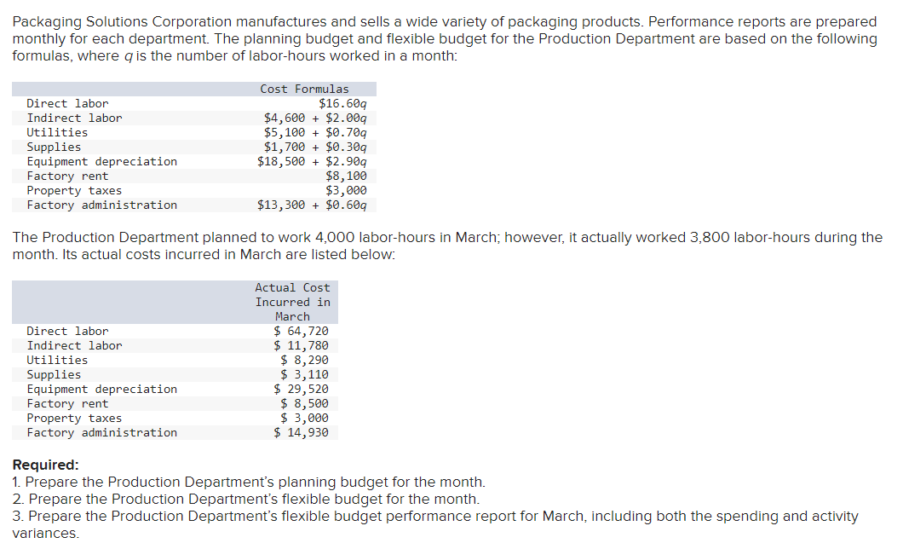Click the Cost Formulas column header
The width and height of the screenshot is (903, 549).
304,89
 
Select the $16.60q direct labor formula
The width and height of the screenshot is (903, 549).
342,103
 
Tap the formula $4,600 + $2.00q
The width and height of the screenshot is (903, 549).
315,118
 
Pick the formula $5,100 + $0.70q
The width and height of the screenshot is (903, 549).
315,132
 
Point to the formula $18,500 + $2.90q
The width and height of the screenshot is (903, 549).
312,161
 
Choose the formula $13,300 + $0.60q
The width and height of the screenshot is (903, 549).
312,205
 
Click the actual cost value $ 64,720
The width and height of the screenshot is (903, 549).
301,331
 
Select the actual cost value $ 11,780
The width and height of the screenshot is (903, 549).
301,345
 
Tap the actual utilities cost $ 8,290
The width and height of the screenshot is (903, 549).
304,360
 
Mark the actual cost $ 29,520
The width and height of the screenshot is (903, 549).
301,389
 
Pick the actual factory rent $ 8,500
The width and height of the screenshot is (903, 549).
304,403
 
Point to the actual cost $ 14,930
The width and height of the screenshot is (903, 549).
301,432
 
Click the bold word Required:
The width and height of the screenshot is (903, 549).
45,465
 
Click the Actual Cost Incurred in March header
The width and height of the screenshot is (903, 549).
292,302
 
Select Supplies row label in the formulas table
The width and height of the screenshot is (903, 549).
54,147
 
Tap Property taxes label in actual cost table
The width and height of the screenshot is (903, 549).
74,418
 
